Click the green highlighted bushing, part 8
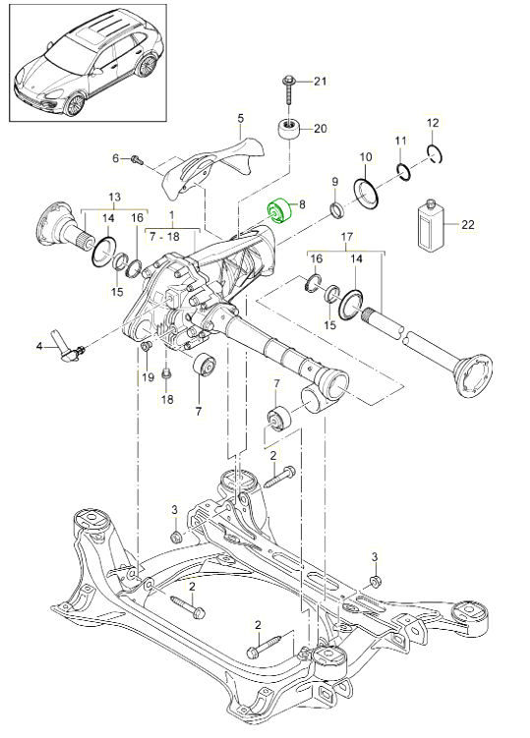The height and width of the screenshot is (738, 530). point(280,212)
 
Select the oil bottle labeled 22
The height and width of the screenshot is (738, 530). point(432,225)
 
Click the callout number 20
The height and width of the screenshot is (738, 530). point(320,129)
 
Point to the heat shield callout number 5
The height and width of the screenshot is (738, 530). point(241,118)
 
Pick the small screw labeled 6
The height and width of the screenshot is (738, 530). point(137,159)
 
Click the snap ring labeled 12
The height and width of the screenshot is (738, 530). point(435,154)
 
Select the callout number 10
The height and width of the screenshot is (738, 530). point(366,157)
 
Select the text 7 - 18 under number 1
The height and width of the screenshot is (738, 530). point(164,236)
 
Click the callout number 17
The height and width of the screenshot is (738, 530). point(347,236)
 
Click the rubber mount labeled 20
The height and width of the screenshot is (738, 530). point(288,130)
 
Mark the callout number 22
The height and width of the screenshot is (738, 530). point(468,224)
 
